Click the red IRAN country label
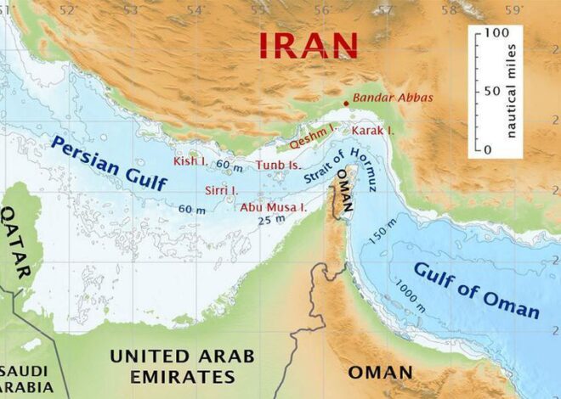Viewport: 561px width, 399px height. tap(308, 44)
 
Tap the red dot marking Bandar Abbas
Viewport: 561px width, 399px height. tap(345, 104)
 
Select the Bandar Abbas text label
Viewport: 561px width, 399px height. tap(393, 98)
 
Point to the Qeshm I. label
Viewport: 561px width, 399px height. tap(313, 132)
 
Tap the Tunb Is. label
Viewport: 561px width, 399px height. tap(279, 165)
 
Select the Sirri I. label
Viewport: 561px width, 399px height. tap(222, 190)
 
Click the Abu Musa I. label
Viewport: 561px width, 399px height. tap(273, 206)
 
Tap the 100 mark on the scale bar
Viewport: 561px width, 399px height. tap(496, 32)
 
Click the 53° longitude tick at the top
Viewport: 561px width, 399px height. tap(130, 9)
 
